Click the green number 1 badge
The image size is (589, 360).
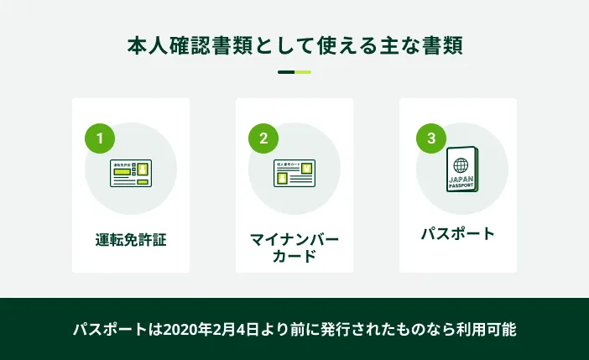point(100,139)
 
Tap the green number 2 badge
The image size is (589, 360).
point(263,139)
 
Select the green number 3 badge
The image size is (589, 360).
point(431,138)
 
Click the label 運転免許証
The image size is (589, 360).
point(131,239)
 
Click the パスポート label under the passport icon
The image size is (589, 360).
point(458,232)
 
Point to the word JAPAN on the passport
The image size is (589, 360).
point(461,179)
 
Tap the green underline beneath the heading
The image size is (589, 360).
point(294,72)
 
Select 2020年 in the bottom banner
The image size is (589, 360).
point(197,328)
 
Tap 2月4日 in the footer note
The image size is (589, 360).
point(246,328)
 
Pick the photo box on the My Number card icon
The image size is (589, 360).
point(283,178)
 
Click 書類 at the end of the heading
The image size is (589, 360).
point(442,44)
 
